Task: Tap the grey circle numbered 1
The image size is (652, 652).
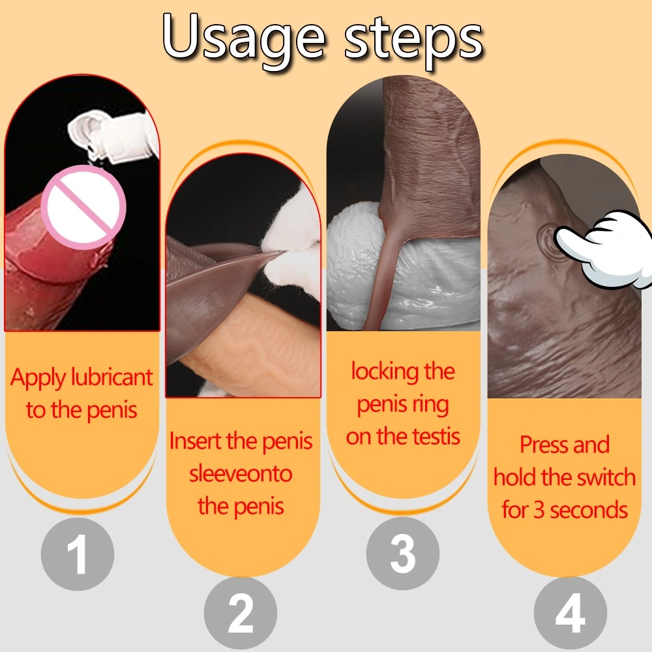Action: coord(78,554)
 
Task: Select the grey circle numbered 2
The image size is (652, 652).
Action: coord(241,614)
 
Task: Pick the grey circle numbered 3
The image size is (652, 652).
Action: coord(402,553)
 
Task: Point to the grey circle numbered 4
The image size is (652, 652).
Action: coord(570,614)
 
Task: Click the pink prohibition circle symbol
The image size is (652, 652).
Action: coord(86,207)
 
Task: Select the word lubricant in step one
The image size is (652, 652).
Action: coord(112,378)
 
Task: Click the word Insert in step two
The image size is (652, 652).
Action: coord(196,441)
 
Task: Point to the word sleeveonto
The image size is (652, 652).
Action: coord(241,473)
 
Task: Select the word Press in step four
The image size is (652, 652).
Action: coord(544,445)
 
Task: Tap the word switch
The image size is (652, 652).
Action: coord(606,477)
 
